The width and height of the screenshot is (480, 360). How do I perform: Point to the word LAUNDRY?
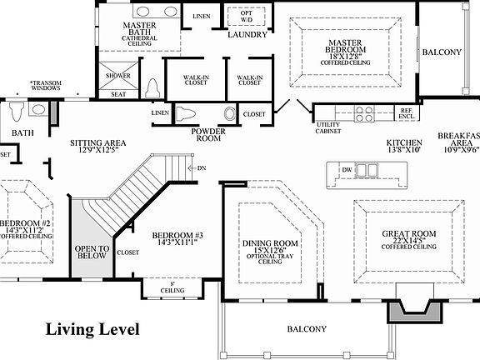[247, 35]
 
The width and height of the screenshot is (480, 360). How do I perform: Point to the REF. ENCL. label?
[407, 114]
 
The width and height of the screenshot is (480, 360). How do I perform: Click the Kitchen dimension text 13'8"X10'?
[403, 151]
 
